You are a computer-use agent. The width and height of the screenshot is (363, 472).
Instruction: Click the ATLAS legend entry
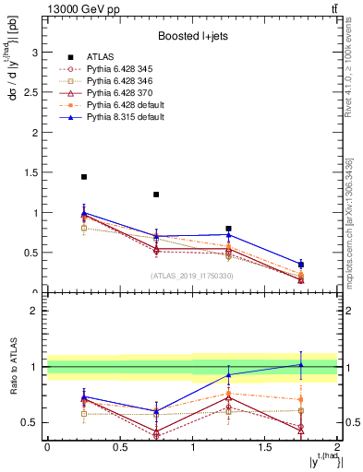tap(100, 57)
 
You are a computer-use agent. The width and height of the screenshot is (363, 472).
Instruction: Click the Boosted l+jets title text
tap(192, 36)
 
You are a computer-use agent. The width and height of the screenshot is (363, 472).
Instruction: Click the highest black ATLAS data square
tap(84, 177)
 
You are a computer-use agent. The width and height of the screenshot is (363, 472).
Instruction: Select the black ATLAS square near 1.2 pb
tap(156, 195)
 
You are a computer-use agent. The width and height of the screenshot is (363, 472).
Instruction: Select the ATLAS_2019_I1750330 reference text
tap(192, 276)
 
